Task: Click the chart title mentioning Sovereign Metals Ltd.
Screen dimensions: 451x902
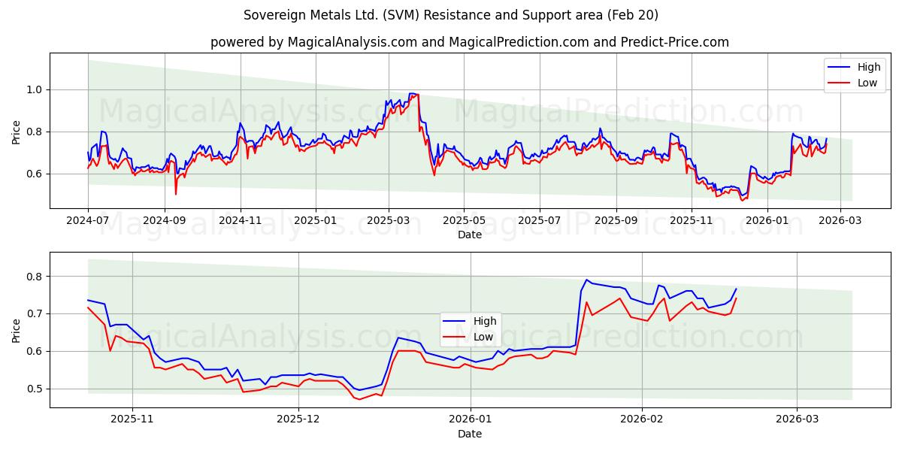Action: coord(451,15)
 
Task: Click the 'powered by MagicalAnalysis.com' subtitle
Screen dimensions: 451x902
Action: coord(470,42)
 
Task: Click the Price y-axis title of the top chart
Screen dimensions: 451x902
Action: coord(17,132)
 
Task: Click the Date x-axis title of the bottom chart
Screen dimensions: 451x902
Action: coord(470,434)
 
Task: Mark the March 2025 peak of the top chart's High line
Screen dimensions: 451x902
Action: coord(411,93)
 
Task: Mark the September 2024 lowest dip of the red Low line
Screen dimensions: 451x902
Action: coord(176,194)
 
